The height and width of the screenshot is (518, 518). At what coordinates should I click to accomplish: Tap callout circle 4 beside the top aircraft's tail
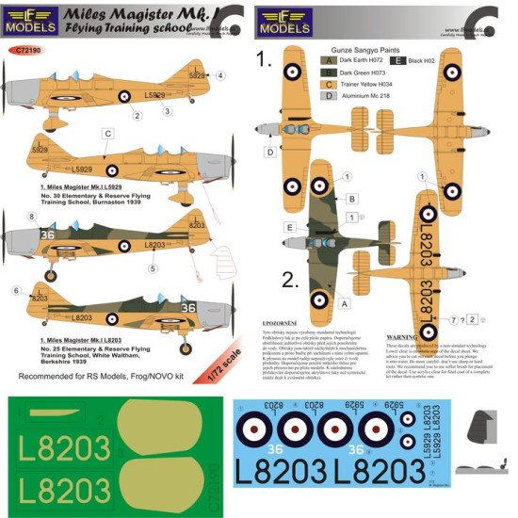click(x=220, y=75)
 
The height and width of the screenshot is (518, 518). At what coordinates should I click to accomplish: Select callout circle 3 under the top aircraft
click(x=167, y=112)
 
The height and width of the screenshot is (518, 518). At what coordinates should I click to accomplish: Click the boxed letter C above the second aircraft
click(x=108, y=135)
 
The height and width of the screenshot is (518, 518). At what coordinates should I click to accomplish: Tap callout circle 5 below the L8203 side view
click(x=153, y=267)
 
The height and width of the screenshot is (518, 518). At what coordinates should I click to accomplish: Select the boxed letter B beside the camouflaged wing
click(x=352, y=199)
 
